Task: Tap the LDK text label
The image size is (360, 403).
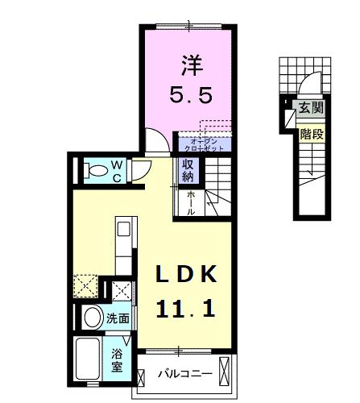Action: click(x=180, y=276)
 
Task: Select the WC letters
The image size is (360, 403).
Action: click(x=116, y=169)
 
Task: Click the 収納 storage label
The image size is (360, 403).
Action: click(x=188, y=171)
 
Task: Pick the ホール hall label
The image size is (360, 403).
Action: click(x=191, y=201)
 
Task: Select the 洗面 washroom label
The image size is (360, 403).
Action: click(x=118, y=318)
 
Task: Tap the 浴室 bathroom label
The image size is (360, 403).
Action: click(x=117, y=359)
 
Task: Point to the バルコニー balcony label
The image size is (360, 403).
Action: click(x=184, y=374)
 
